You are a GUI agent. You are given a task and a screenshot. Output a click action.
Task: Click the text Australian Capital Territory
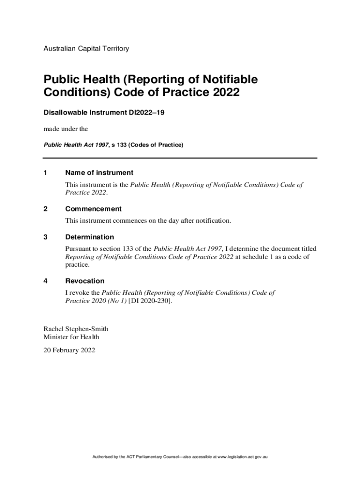point(86,49)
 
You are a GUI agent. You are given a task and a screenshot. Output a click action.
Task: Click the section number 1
point(45,173)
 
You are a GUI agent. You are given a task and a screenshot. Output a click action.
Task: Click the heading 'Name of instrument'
point(99,173)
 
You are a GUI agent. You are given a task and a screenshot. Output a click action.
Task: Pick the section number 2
point(45,209)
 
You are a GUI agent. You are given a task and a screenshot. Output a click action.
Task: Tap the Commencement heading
point(94,209)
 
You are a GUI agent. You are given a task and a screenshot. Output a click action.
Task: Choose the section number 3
point(45,237)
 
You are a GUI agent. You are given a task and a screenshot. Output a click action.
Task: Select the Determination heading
point(90,237)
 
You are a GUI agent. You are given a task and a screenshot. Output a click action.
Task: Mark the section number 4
point(45,281)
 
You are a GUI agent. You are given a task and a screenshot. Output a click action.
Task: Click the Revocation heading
point(85,281)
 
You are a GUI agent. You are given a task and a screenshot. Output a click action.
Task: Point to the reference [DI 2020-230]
point(151,301)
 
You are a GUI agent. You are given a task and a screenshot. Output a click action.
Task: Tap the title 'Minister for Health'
point(71,337)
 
